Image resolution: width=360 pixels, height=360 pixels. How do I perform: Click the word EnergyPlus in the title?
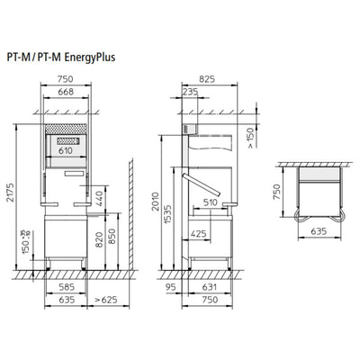pos(90,57)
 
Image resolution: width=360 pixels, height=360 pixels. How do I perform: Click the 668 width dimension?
pos(66,92)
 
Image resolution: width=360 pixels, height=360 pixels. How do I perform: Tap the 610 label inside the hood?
pos(66,150)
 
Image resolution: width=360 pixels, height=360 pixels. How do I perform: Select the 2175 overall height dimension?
pos(11,192)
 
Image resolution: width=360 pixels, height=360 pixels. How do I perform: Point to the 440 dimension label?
pos(99,199)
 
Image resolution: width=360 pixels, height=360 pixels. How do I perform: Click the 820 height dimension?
pos(99,239)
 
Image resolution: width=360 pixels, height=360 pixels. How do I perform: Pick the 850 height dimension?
pos(112,236)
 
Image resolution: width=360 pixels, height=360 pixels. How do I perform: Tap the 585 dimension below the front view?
pos(67,287)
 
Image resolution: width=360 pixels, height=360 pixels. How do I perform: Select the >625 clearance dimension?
pos(106,300)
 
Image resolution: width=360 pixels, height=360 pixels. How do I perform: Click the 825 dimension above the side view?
pos(207,79)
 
